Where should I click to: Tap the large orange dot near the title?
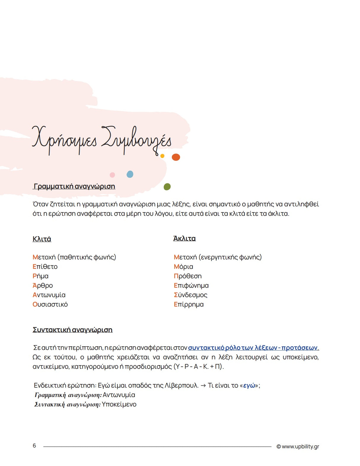(x=176, y=157)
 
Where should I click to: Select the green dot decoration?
(x=167, y=187)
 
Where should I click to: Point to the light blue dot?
(x=130, y=174)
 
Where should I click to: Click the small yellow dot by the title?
(x=162, y=156)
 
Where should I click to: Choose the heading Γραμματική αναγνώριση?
(x=74, y=186)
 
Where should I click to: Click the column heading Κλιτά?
(x=42, y=239)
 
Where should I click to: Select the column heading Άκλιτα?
(x=184, y=238)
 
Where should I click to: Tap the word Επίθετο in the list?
(x=45, y=267)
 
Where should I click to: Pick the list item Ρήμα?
(x=41, y=276)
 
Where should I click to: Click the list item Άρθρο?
(x=43, y=286)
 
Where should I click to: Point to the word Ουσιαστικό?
(x=50, y=305)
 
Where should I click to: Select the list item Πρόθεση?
(x=188, y=276)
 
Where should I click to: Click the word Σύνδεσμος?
(x=191, y=295)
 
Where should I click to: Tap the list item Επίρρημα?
(x=189, y=305)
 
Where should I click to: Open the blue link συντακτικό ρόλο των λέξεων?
(x=253, y=348)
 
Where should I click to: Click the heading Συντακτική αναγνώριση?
(x=73, y=330)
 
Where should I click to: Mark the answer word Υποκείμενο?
(x=119, y=404)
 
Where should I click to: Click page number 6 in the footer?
(x=34, y=446)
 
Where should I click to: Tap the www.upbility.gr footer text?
(x=298, y=446)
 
